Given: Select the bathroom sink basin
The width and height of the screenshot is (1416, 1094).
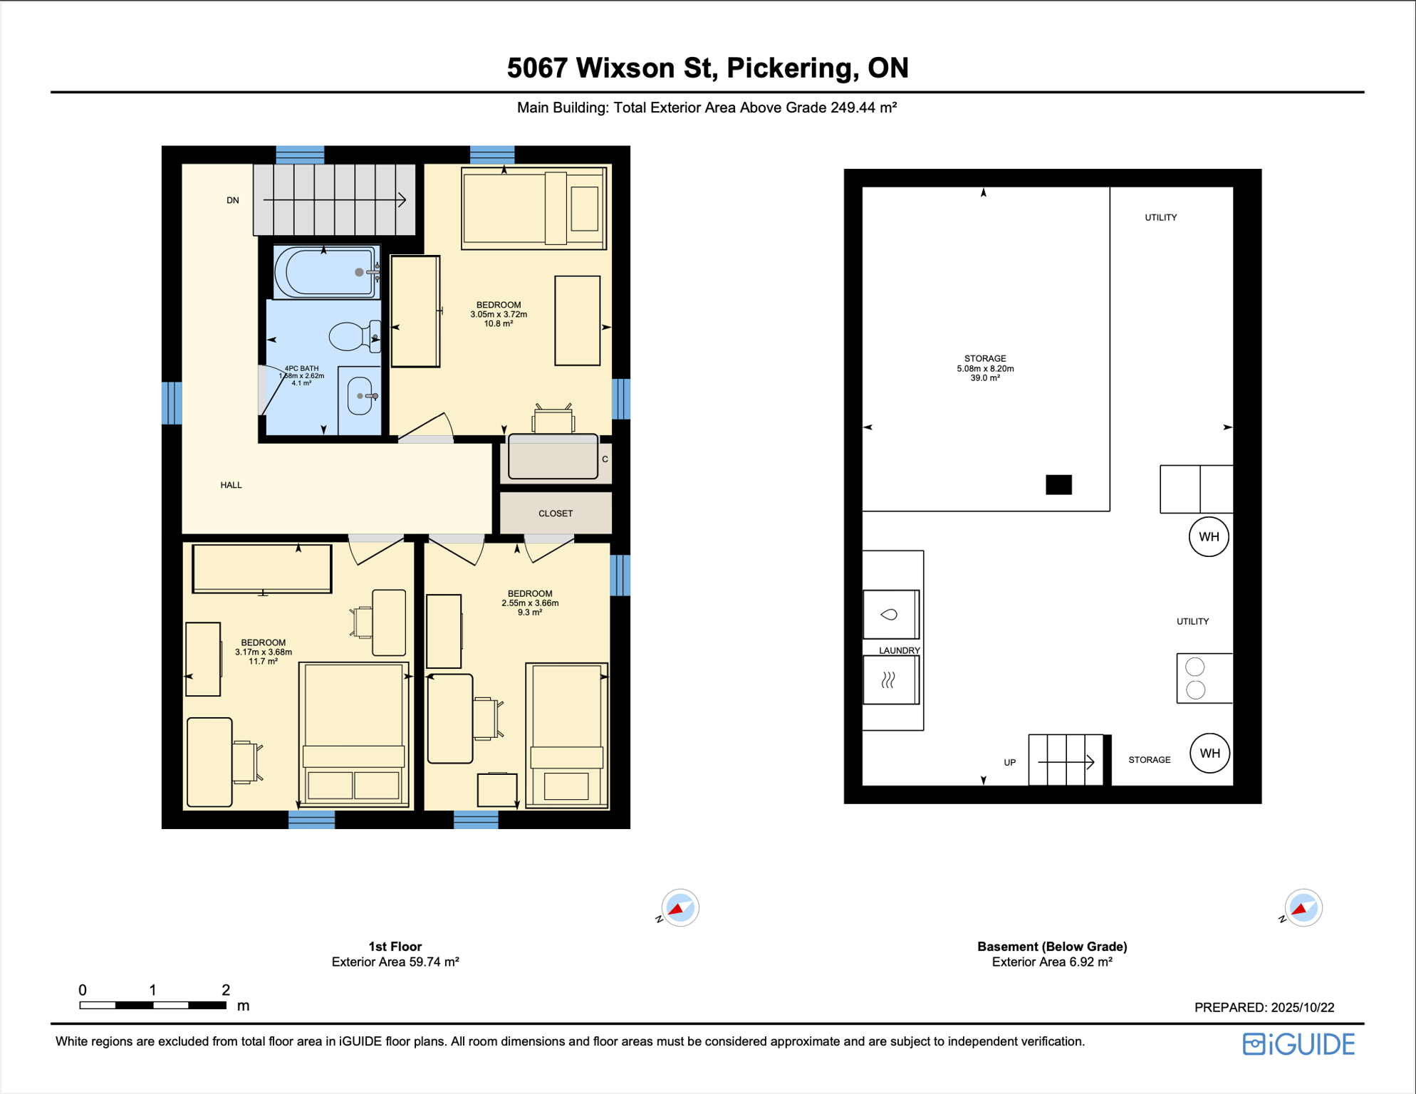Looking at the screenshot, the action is pos(360,396).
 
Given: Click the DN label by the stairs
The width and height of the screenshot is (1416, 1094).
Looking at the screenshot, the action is pos(233,201).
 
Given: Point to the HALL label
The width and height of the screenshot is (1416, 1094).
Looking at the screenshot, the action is pos(231,485).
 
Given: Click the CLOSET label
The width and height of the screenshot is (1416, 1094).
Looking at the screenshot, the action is pos(556,514).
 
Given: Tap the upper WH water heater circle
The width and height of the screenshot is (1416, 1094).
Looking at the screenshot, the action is pos(1209,537).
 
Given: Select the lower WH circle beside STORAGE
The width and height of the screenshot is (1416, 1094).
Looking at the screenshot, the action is pos(1209,754).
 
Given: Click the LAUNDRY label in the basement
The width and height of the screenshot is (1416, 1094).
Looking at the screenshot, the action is pos(899,650).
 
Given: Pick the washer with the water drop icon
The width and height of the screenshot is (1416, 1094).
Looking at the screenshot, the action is pos(890,614).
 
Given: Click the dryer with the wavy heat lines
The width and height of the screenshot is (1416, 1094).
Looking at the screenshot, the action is pos(890,680).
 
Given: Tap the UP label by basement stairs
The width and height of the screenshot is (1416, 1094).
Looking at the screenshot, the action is pos(1009,763).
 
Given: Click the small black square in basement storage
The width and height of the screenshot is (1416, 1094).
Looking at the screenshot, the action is pos(1058,485).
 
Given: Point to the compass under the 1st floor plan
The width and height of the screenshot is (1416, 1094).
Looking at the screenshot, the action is pos(680,908).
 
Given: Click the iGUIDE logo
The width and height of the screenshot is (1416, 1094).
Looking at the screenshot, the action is pos(1298,1044).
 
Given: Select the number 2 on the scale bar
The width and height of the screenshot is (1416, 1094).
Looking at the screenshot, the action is pos(226,990).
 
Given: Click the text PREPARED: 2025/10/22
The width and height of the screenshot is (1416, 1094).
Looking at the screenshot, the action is pos(1264,1008).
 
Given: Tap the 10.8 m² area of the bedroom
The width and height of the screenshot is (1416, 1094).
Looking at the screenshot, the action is pos(499,324).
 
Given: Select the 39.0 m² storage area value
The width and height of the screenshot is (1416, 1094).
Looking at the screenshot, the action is pos(985,378).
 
